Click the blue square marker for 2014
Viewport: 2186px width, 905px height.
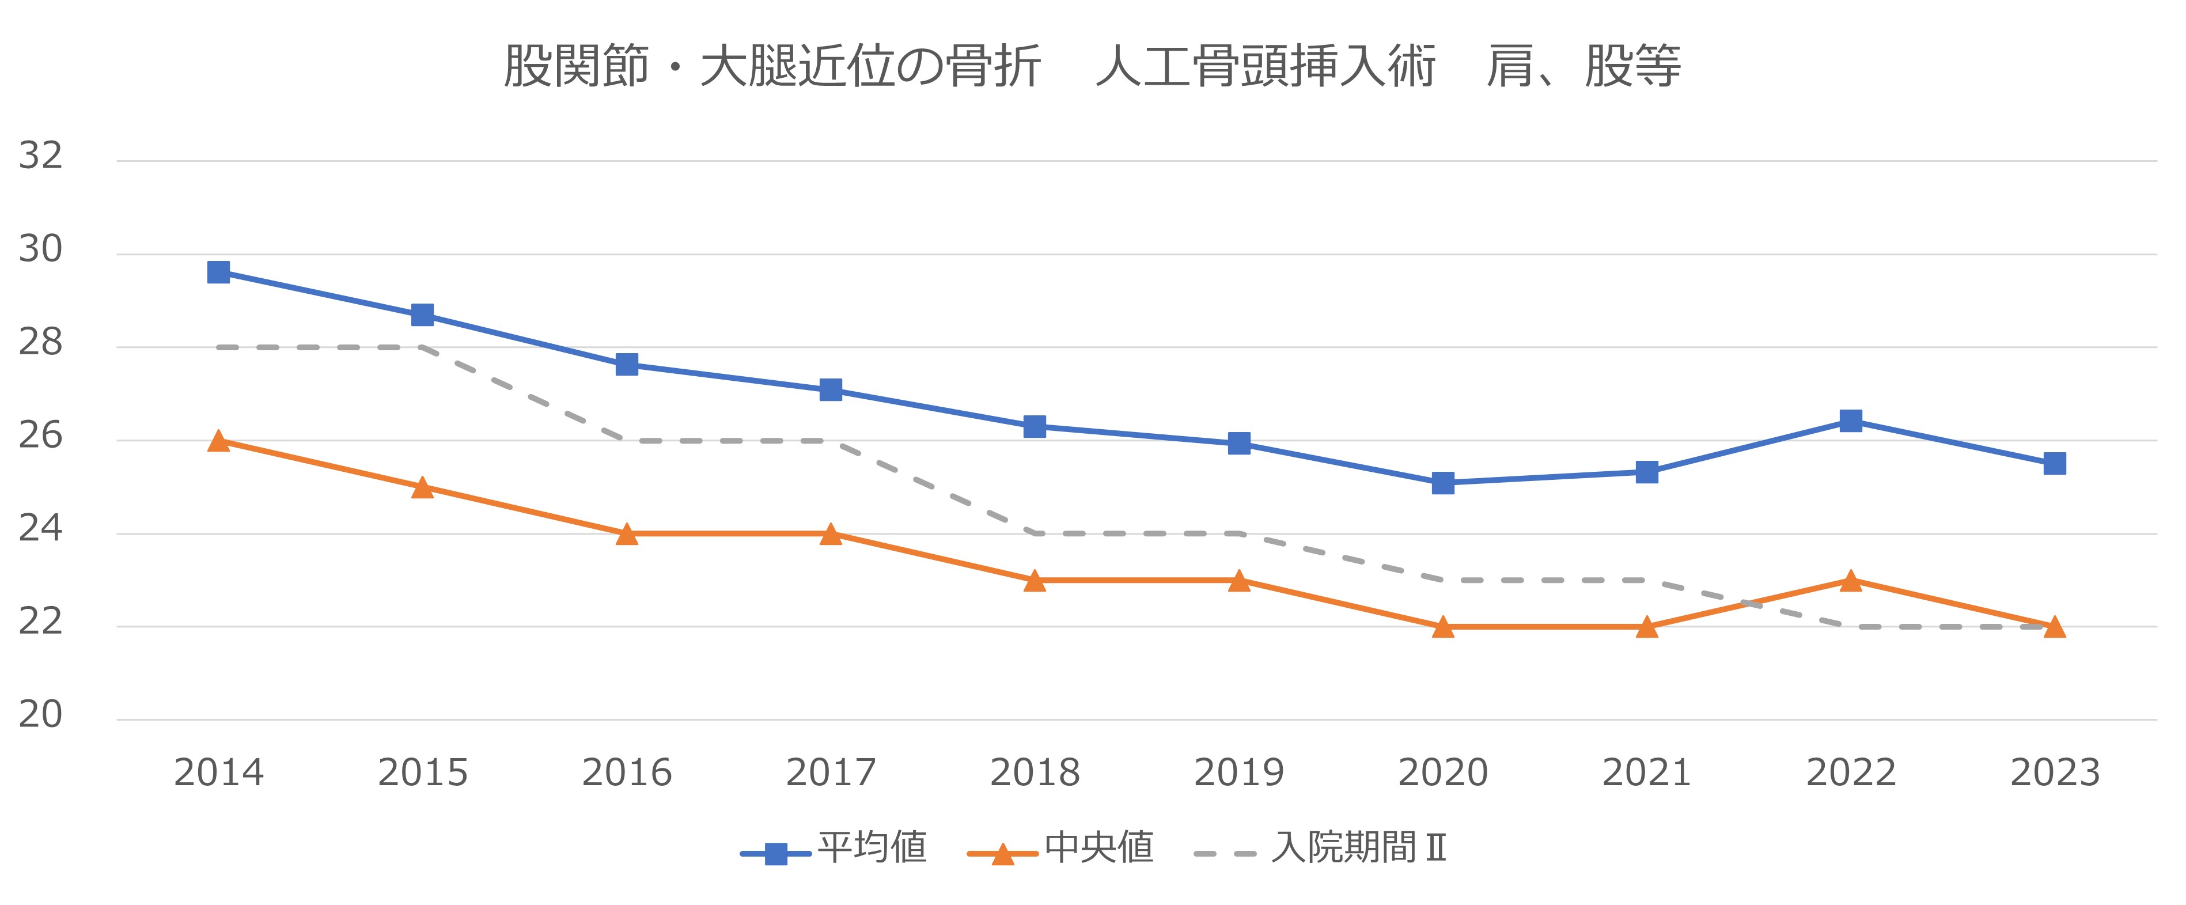tap(219, 272)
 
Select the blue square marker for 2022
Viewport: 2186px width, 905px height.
tap(1851, 421)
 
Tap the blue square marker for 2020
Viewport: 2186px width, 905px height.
tap(1442, 483)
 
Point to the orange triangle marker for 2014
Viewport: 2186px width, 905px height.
tap(219, 441)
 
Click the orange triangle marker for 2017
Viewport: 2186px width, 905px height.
tap(831, 535)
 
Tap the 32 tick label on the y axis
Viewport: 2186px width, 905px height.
tap(41, 156)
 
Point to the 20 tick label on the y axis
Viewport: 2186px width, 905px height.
tap(41, 715)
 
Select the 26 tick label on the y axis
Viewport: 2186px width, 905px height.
tap(41, 436)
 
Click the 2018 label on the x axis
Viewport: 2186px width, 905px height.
tap(1035, 773)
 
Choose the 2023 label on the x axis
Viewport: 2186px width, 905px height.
tap(2055, 773)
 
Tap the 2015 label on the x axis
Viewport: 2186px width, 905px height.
tap(423, 773)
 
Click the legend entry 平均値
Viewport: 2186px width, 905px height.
tap(872, 847)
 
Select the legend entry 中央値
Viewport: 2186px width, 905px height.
tap(1099, 847)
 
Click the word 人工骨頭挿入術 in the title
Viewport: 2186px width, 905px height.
tap(1264, 66)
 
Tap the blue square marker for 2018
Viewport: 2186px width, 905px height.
tap(1035, 426)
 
